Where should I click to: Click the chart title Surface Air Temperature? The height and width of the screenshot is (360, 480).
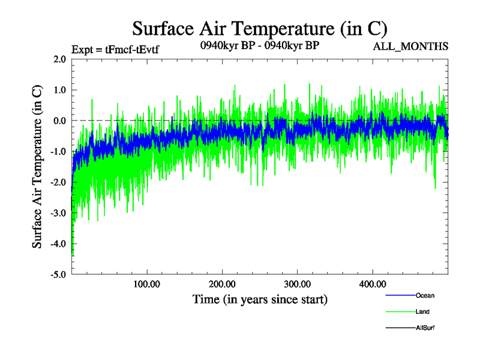260,28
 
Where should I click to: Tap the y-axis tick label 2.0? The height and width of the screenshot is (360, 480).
59,59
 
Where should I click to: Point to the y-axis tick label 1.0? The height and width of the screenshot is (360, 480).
59,90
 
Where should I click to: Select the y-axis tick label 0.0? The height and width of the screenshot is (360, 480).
59,121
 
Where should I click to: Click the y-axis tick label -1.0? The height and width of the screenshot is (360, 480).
58,151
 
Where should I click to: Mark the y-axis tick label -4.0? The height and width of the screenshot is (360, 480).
58,244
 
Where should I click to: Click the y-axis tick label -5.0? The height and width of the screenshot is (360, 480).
58,275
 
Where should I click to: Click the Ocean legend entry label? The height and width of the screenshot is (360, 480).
425,296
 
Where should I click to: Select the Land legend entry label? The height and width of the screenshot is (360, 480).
422,312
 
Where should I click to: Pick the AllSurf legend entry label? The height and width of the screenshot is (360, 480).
425,328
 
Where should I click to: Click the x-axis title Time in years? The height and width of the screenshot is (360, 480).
260,299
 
